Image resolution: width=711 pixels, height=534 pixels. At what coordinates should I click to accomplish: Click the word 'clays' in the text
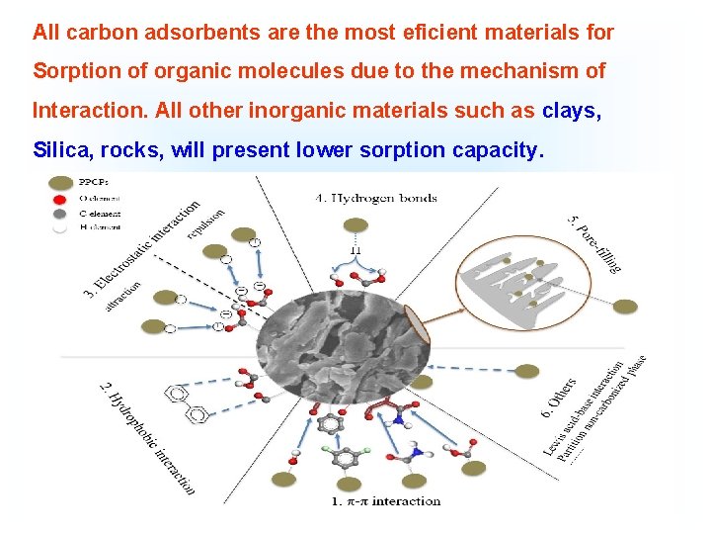pyautogui.click(x=569, y=111)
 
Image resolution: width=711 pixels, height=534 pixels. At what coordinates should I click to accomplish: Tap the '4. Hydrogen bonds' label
pyautogui.click(x=375, y=198)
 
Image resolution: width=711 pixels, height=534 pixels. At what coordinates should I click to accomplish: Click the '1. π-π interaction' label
pyautogui.click(x=385, y=501)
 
